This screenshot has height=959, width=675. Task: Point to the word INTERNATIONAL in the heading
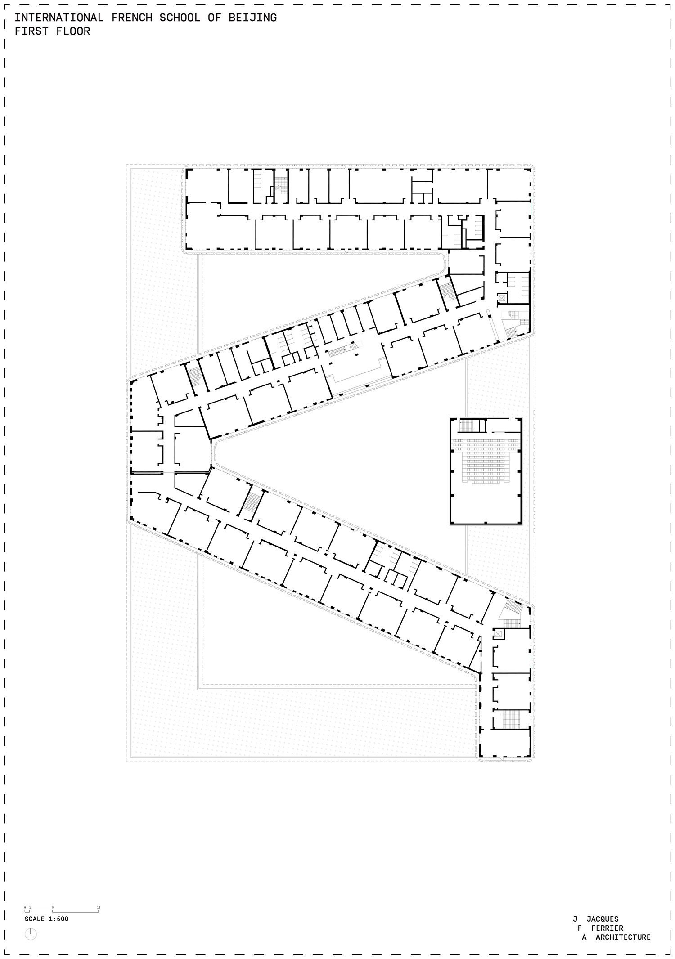tap(59, 18)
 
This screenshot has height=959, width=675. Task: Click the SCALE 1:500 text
tap(47, 919)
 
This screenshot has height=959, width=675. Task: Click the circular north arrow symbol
tap(31, 934)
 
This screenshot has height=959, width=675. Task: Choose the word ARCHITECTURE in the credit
tap(623, 937)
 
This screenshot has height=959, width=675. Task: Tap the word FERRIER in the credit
tap(607, 928)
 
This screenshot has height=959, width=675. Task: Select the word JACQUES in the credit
tap(602, 919)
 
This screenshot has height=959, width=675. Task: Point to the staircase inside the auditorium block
tap(466, 426)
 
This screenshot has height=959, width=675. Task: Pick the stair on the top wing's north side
tap(281, 185)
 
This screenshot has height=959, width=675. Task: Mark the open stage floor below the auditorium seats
tap(485, 504)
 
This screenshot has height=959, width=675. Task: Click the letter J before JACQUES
tap(575, 919)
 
